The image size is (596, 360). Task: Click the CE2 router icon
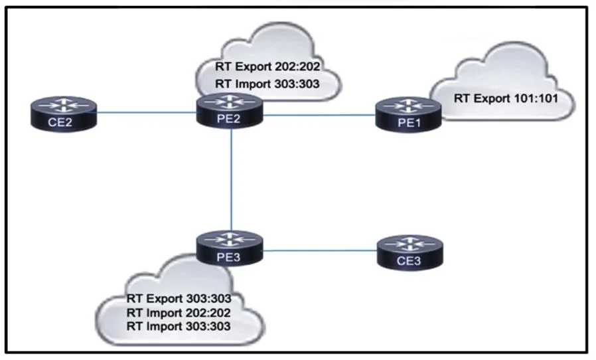[x=64, y=114]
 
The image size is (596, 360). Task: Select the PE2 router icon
[x=230, y=111]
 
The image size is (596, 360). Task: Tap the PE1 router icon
[x=409, y=115]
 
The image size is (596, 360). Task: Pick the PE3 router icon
[x=230, y=248]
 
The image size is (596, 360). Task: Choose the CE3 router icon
[x=410, y=252]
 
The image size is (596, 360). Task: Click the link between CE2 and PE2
[x=147, y=113]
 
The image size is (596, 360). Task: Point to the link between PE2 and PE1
[x=319, y=115]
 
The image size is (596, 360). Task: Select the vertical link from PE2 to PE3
[x=231, y=179]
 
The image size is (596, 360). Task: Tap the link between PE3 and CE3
[x=320, y=251]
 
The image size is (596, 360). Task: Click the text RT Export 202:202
[x=267, y=66]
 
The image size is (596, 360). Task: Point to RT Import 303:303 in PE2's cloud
[x=267, y=84]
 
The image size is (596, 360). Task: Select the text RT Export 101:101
[x=506, y=98]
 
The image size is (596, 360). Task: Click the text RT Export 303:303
[x=179, y=298]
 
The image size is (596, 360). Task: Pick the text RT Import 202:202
[x=179, y=313]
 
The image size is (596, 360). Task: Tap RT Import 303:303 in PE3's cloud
[x=179, y=327]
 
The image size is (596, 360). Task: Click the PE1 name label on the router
[x=409, y=124]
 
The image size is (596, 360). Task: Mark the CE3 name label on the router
[x=409, y=262]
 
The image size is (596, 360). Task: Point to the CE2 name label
[x=60, y=122]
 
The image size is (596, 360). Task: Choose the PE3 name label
[x=228, y=258]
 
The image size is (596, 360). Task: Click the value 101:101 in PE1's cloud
[x=536, y=98]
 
